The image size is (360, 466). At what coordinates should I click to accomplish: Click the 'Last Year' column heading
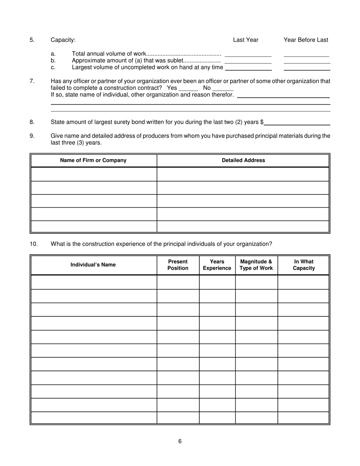click(246, 40)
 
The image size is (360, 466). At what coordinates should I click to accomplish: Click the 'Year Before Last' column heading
click(306, 40)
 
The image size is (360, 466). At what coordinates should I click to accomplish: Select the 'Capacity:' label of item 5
click(63, 40)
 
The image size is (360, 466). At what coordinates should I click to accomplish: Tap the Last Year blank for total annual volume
click(248, 54)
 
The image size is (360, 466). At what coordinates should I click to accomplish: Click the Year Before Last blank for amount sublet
click(307, 61)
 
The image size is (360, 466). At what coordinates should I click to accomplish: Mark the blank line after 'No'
click(223, 88)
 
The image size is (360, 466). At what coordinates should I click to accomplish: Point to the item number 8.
click(32, 122)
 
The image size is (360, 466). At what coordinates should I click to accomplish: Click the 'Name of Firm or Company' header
click(93, 160)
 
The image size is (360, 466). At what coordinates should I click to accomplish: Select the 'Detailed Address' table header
click(243, 160)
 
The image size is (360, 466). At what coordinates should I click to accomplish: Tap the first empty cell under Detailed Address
click(243, 174)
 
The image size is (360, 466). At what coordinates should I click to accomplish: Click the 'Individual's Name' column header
click(93, 265)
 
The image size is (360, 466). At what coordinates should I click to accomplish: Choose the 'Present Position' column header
click(178, 265)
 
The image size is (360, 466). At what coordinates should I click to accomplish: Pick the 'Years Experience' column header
click(217, 265)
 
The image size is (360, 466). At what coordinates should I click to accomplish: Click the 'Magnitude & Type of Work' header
click(256, 265)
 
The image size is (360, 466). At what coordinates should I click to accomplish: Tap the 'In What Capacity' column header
click(304, 265)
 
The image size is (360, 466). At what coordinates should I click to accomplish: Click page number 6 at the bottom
click(180, 441)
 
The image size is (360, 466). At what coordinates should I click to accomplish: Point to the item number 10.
click(34, 244)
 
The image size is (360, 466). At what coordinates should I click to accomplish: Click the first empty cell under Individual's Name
click(93, 282)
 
